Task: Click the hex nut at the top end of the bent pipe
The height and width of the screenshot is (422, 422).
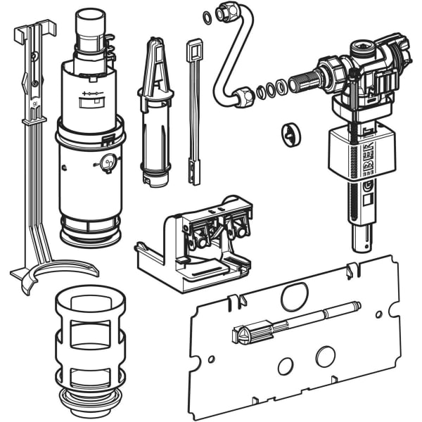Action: tap(227, 13)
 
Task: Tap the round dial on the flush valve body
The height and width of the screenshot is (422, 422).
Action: tap(108, 163)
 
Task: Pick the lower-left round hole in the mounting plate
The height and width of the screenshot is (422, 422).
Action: tap(286, 366)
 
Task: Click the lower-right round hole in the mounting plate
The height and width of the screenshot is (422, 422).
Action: tap(324, 357)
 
